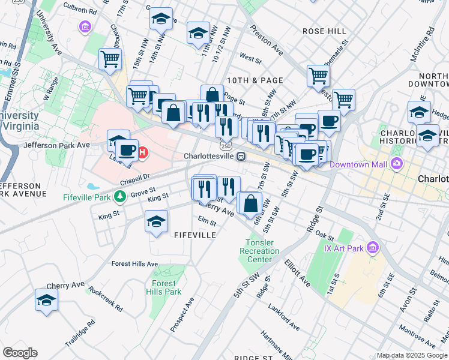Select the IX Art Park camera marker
[x=373, y=247]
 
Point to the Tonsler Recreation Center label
[x=259, y=251]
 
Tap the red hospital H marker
[x=143, y=152]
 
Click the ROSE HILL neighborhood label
[x=324, y=31]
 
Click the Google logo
[x=20, y=353]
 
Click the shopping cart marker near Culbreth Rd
[x=110, y=59]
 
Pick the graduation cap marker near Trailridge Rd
[x=46, y=299]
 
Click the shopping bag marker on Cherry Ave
[x=250, y=203]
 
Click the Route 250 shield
[x=225, y=146]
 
